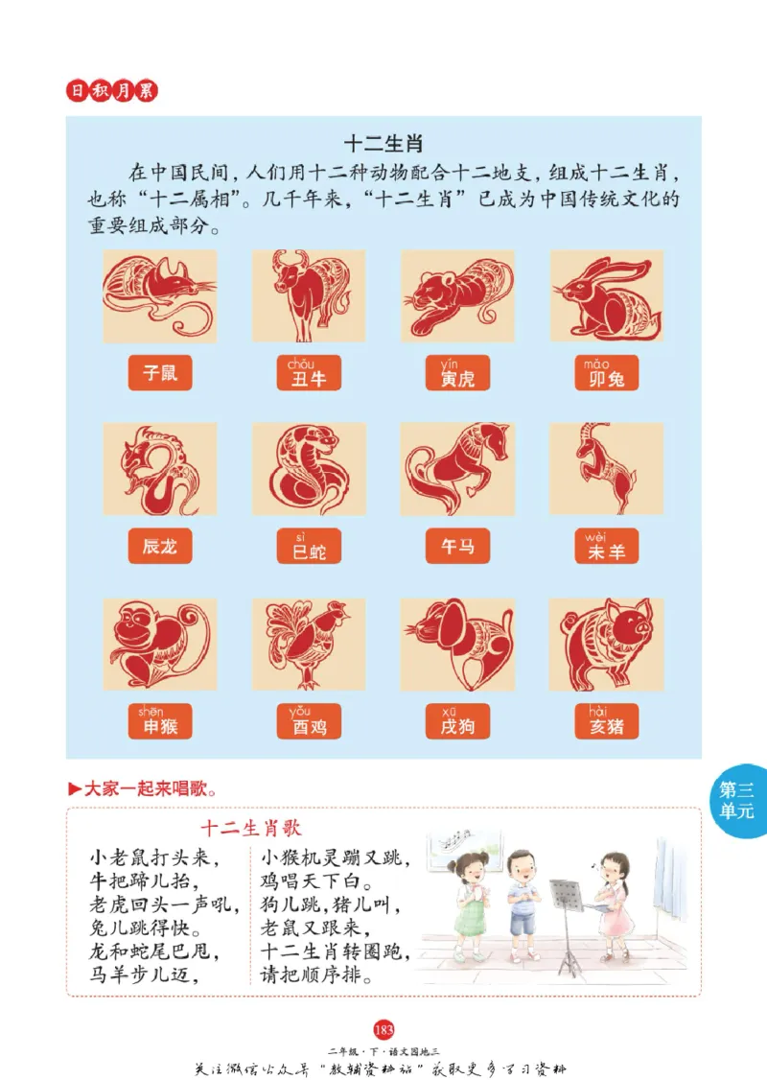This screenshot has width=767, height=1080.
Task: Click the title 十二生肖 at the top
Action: pos(383,144)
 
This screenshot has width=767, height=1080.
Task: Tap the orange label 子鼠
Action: pos(160,373)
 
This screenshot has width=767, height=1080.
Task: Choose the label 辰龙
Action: pos(160,547)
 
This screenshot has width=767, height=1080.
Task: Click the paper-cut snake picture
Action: pos(309,470)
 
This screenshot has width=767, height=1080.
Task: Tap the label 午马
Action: pos(457,547)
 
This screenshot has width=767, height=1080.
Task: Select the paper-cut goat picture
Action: pos(606,468)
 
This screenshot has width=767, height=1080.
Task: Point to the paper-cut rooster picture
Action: pos(309,645)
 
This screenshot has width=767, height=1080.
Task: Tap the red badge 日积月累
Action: pos(111,91)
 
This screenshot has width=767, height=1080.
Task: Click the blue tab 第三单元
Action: pos(738,801)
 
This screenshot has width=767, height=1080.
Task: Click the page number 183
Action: pos(383,1030)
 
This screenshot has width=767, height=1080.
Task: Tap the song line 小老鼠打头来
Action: pos(154,857)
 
